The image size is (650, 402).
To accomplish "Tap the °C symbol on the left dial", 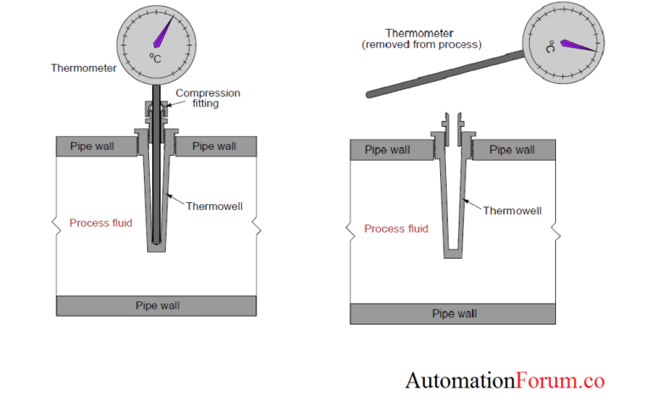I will (156, 58).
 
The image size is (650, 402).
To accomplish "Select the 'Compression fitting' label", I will (207, 98).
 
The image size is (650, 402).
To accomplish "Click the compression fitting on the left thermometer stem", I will (157, 110).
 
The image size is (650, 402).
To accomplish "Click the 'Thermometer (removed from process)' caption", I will (421, 38).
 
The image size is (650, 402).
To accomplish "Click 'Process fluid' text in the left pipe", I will (101, 223).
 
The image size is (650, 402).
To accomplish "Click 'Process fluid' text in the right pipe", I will (396, 229).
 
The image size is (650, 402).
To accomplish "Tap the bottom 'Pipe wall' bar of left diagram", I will (157, 306).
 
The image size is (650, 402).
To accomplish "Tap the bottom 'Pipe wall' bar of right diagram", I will (454, 313).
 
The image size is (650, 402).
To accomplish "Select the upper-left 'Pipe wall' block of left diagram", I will (94, 146).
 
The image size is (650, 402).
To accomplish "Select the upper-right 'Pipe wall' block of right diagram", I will (513, 151).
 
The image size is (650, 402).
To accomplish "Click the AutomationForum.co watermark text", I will (504, 381).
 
